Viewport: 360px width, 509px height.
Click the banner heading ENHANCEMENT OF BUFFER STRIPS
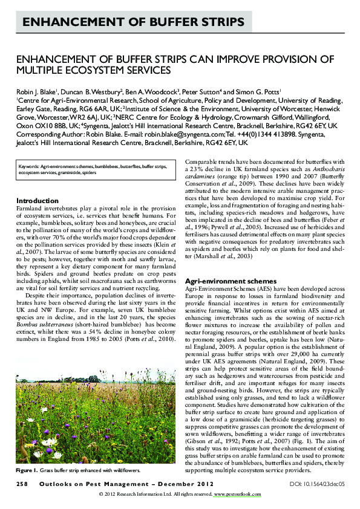pos(133,23)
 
